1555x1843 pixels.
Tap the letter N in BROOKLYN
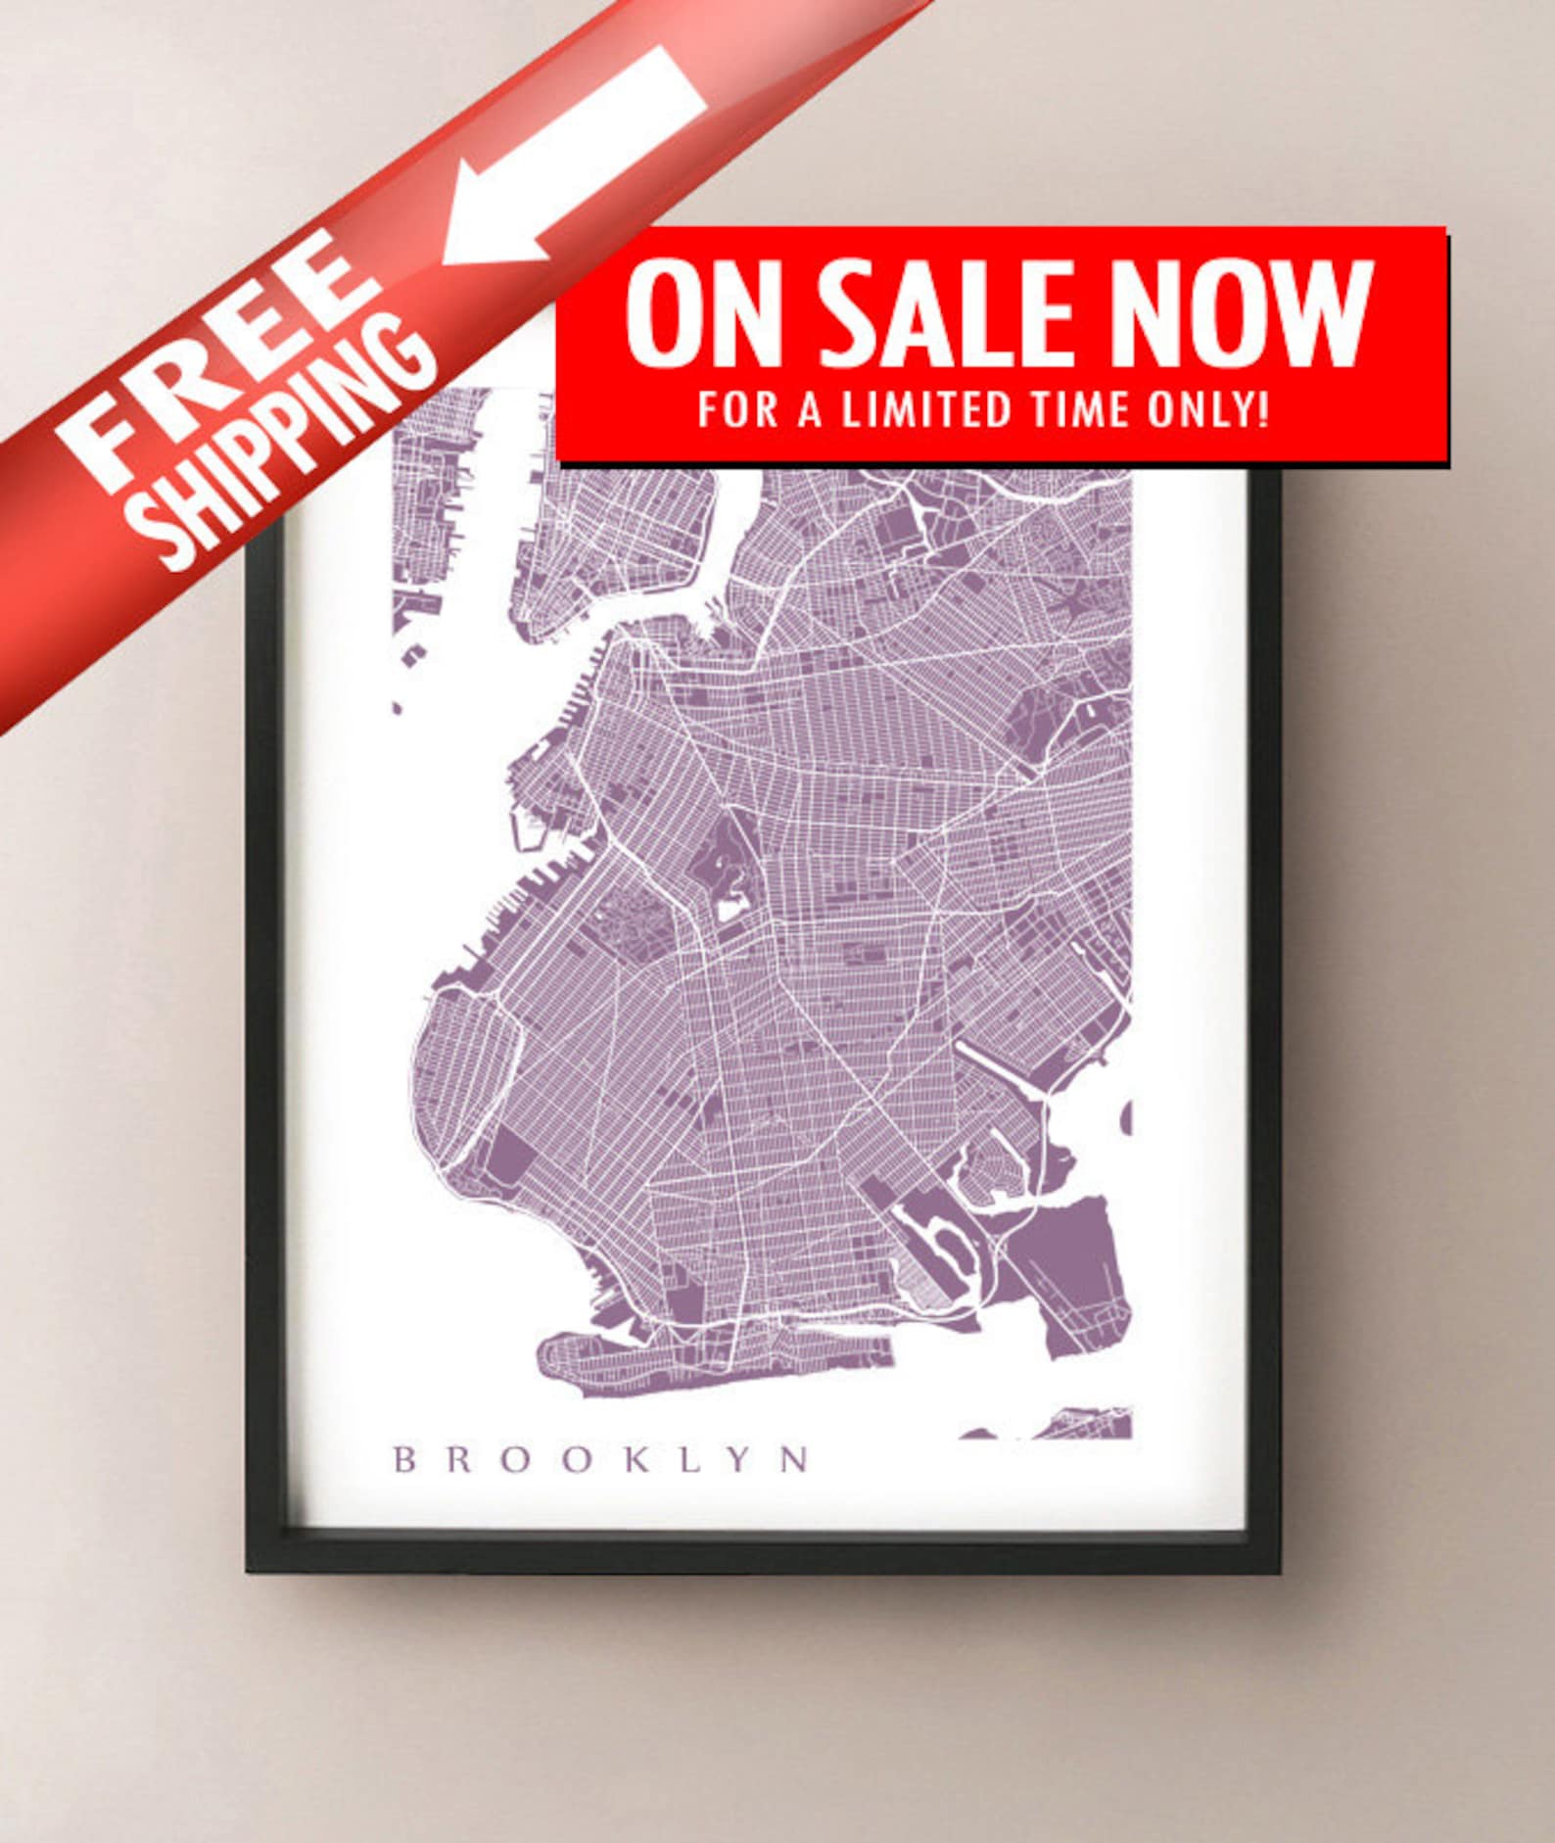click(x=797, y=1460)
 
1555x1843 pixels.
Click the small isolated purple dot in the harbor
click(x=398, y=706)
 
